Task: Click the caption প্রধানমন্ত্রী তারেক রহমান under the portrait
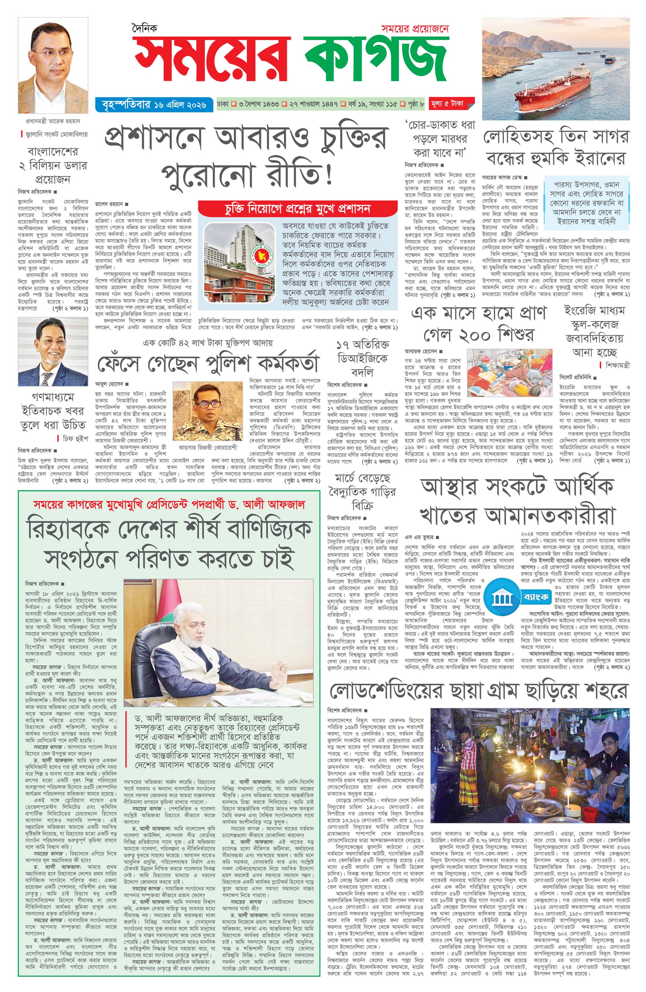pyautogui.click(x=52, y=121)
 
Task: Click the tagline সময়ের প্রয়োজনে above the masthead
pyautogui.click(x=414, y=29)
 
